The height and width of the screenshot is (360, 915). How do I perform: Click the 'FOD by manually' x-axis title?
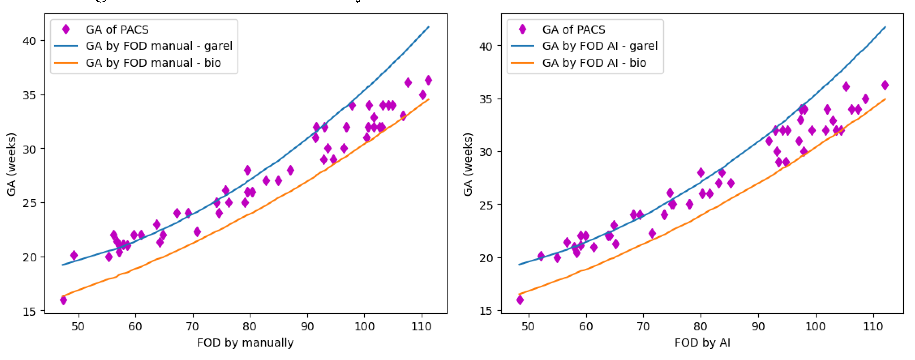coord(245,342)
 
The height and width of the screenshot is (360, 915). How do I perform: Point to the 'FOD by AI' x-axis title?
coord(702,342)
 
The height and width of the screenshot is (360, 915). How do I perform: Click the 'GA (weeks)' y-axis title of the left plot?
coord(11,164)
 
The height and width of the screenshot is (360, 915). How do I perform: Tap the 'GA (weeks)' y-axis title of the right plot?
coord(468,164)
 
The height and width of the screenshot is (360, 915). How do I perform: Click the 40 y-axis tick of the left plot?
coord(29,41)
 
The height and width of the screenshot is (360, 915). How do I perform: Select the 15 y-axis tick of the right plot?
coord(486,311)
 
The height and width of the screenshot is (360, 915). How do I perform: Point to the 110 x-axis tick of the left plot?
coord(421,326)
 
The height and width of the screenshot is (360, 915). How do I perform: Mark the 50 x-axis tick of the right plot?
coord(528,326)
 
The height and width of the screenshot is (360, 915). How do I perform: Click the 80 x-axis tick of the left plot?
coord(250,326)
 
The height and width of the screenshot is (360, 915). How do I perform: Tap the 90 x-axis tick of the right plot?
coord(758,326)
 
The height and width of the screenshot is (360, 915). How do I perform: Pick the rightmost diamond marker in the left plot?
coord(428,80)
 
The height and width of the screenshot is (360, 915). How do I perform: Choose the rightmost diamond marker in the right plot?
coord(885,85)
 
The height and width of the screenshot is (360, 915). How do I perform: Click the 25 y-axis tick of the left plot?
coord(29,203)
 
